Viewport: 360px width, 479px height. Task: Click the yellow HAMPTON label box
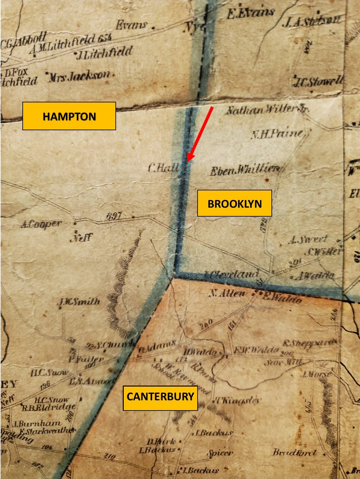click(69, 116)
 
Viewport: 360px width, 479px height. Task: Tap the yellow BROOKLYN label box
click(234, 203)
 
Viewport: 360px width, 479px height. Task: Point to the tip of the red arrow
click(188, 161)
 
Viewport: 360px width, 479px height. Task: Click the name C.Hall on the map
click(163, 168)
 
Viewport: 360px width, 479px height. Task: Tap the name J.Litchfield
click(104, 53)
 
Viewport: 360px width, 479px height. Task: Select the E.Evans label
click(251, 13)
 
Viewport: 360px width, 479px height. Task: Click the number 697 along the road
click(114, 216)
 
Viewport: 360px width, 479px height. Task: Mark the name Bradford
click(294, 452)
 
